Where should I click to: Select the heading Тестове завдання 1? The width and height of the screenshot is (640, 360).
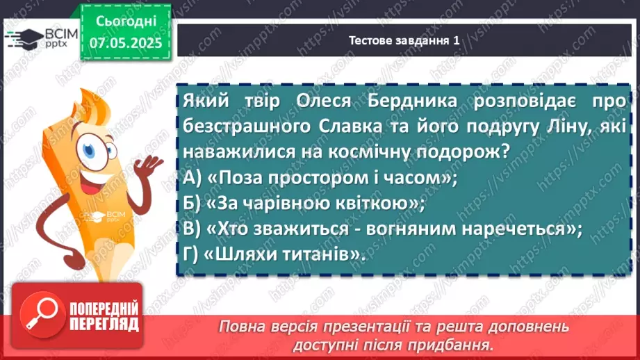coord(404,41)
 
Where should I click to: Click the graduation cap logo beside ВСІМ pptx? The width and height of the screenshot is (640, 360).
coord(22,37)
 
